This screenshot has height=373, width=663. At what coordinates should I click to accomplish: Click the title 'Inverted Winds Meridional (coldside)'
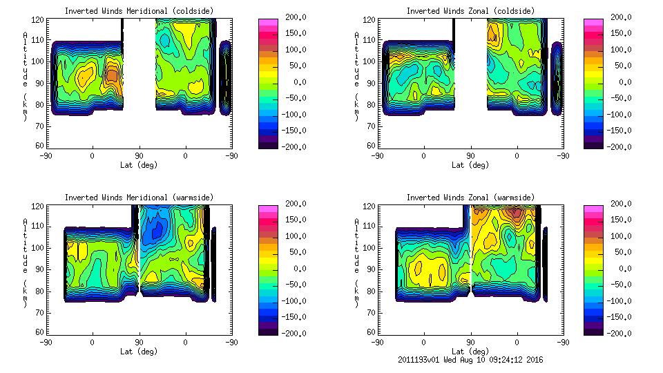coord(140,11)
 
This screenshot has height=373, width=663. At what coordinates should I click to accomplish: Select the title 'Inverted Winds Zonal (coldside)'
coord(470,11)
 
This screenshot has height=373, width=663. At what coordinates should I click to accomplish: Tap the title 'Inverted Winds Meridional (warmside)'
coord(140,198)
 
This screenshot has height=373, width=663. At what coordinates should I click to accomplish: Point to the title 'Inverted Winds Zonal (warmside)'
coord(470,198)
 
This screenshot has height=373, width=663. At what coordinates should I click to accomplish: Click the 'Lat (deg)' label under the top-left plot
coord(139,165)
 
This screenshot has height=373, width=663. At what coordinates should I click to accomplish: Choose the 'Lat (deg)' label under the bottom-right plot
coord(470,352)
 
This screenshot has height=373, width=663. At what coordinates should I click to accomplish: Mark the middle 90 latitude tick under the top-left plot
coord(139,156)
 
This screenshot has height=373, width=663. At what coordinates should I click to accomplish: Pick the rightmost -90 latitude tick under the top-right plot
coord(564,156)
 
